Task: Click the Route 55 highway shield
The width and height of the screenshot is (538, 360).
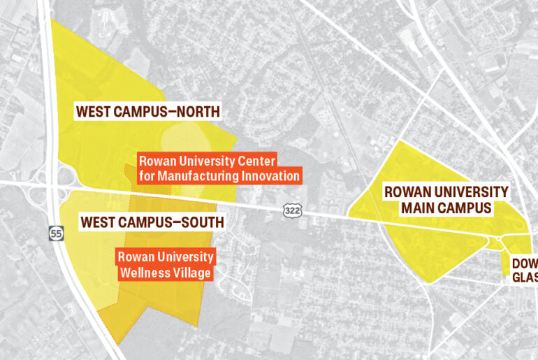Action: [x=56, y=233]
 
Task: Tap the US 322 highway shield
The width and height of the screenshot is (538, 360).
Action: [x=293, y=209]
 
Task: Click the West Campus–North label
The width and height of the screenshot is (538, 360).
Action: [x=148, y=111]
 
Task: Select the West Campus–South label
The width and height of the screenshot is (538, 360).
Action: [x=152, y=222]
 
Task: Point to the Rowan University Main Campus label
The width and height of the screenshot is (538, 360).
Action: [x=446, y=200]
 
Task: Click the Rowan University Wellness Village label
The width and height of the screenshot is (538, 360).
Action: [x=166, y=265]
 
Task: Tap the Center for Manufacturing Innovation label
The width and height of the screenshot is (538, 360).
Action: [x=220, y=168]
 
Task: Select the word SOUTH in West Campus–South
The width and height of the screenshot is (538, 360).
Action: [x=200, y=222]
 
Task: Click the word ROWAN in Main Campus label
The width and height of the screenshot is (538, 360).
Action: [x=406, y=192]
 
